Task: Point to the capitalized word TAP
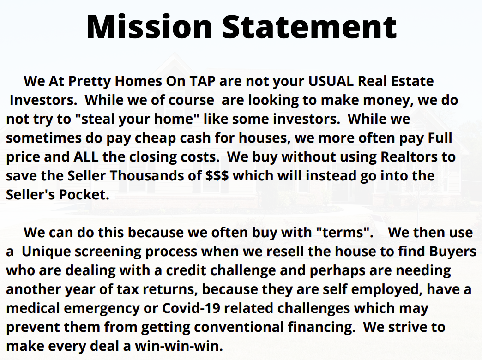202,82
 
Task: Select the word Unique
46,251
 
